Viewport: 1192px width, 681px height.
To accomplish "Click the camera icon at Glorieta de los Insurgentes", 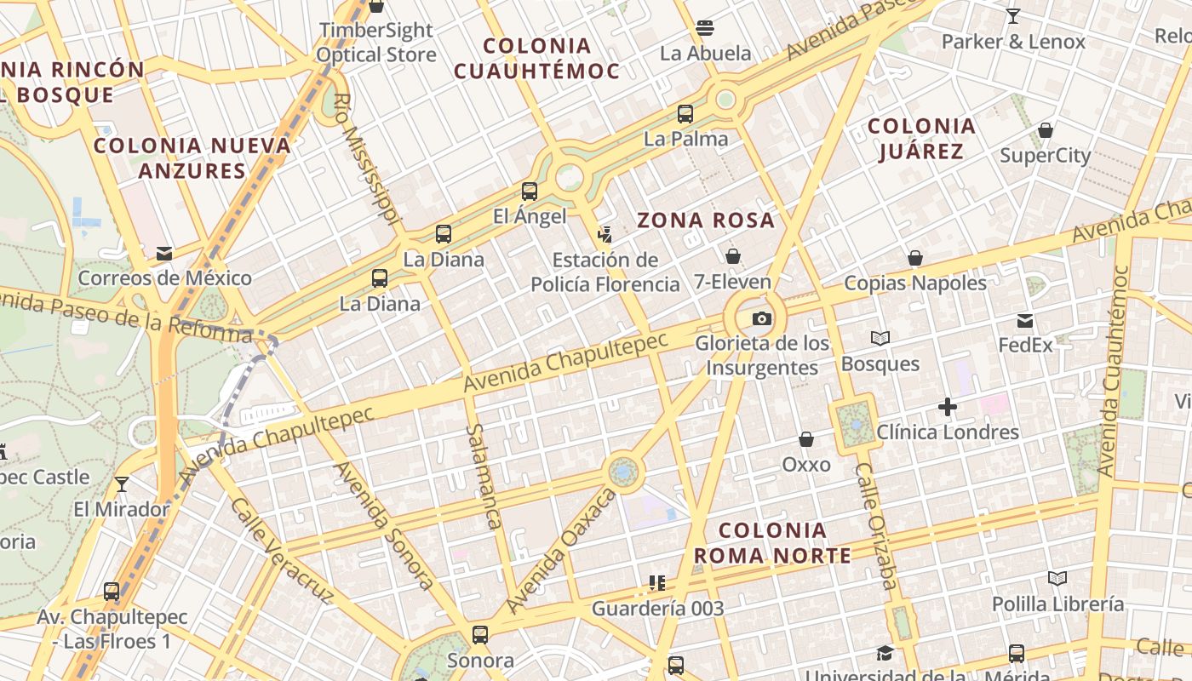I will [x=762, y=319].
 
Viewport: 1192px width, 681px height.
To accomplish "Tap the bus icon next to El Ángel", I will [x=530, y=192].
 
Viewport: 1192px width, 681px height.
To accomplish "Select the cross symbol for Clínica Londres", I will [x=948, y=407].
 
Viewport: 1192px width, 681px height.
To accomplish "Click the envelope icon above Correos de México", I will [x=164, y=253].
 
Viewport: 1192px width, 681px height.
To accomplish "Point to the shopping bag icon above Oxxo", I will [x=805, y=439].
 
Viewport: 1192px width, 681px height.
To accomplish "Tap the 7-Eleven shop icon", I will [x=732, y=256].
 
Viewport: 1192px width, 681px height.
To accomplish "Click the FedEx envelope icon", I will [x=1025, y=321].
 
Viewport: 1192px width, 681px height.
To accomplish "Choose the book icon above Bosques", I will [x=880, y=339].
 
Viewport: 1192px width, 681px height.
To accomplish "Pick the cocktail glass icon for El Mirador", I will [x=122, y=484].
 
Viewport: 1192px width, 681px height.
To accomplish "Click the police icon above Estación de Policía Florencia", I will [x=605, y=234].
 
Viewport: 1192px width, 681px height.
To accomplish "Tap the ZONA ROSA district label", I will [x=706, y=220].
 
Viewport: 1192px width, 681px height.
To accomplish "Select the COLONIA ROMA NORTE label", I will [x=772, y=543].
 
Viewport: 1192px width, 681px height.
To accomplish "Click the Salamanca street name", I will [x=482, y=477].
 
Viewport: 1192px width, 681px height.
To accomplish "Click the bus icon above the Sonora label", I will [x=480, y=634].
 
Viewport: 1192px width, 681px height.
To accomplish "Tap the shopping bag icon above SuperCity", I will [x=1045, y=130].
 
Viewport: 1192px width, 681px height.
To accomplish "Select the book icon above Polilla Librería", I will [x=1057, y=579].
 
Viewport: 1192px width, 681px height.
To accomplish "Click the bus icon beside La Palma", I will [x=685, y=113].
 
